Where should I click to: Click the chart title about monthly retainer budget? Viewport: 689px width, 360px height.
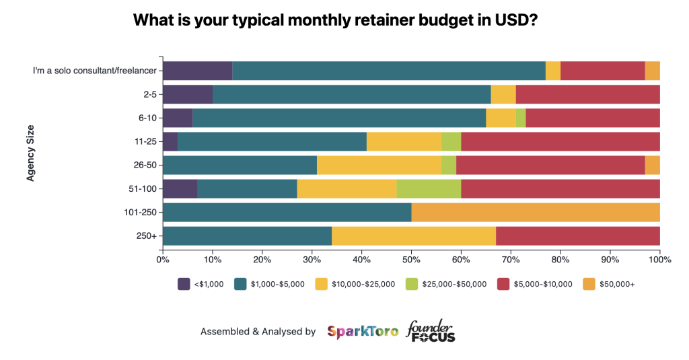tap(334, 20)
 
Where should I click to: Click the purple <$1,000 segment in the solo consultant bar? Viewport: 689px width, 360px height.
tap(197, 71)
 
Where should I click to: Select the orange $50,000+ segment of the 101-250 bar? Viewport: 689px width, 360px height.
tap(535, 213)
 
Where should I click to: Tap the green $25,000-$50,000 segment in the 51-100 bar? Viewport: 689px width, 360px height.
tap(429, 189)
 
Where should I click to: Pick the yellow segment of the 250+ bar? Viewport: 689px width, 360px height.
tap(414, 236)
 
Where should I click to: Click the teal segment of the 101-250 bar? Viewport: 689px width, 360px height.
tap(287, 213)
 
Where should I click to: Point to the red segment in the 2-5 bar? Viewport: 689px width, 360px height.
tap(587, 94)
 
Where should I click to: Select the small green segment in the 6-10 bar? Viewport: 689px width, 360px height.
tap(521, 118)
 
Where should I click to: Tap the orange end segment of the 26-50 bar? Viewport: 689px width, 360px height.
tap(652, 166)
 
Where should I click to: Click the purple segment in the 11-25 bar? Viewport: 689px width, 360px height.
tap(170, 141)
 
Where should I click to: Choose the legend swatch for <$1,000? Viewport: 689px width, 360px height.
tap(184, 284)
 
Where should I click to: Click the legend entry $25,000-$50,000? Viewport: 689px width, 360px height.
tap(453, 284)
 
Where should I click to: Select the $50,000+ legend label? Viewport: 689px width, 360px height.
tap(617, 284)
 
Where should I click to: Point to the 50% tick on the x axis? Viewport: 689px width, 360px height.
tap(411, 258)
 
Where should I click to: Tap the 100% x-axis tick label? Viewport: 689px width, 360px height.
tap(659, 258)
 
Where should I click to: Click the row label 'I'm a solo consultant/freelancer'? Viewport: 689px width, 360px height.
tap(95, 71)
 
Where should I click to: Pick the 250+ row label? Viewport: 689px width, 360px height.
tap(146, 236)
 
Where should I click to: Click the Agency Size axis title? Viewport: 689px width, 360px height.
tap(30, 153)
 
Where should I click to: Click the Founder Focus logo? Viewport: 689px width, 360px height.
tap(431, 331)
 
